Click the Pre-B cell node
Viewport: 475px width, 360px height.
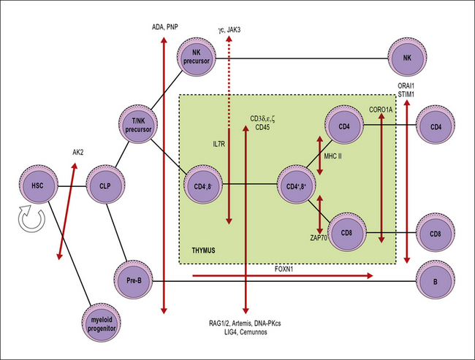132,278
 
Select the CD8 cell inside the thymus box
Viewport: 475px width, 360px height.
346,234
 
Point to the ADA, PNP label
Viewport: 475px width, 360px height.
165,27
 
